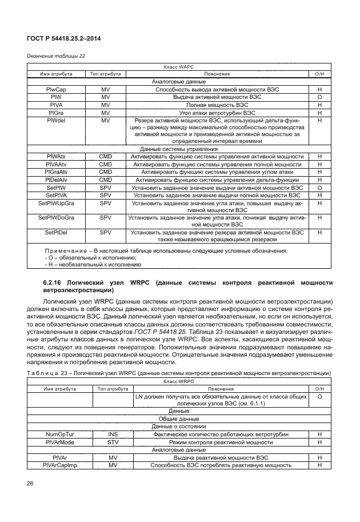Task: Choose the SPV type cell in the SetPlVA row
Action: click(x=105, y=194)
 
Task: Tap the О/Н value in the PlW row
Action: click(x=320, y=98)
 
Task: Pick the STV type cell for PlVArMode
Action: click(x=113, y=442)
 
